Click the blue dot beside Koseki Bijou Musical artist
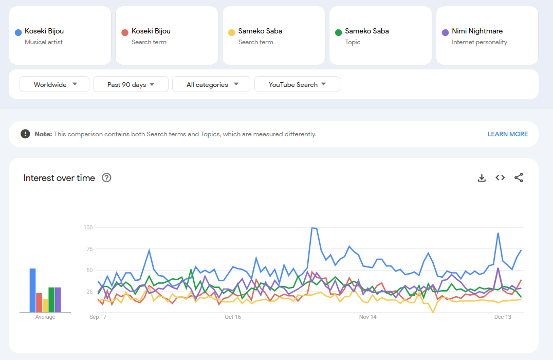(x=18, y=32)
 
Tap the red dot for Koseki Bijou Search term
(x=124, y=32)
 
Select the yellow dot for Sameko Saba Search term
(x=231, y=32)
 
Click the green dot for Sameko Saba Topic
(x=338, y=32)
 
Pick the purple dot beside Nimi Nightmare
(x=445, y=32)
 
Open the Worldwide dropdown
(x=54, y=84)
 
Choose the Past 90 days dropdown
(x=131, y=84)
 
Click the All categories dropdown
(x=211, y=84)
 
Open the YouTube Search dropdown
(x=297, y=84)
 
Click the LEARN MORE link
(x=507, y=134)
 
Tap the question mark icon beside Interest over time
(x=106, y=178)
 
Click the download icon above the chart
(x=482, y=178)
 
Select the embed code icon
(x=500, y=178)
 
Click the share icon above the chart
(x=519, y=178)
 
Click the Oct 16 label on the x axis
(x=233, y=317)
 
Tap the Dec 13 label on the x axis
(x=503, y=317)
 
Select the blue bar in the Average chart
(x=32, y=290)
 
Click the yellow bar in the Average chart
(x=45, y=305)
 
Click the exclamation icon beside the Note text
(x=25, y=134)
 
